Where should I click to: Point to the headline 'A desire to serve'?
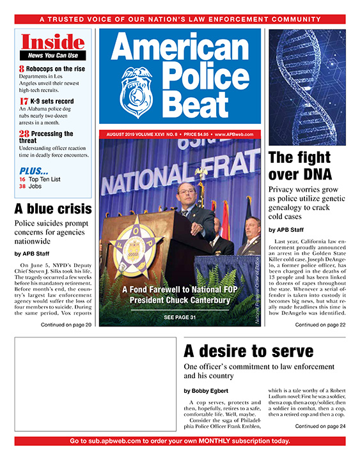[x=248, y=351]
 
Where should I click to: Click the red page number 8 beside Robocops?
[x=22, y=68]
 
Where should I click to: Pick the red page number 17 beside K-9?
[x=24, y=101]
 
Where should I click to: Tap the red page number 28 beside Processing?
[x=24, y=134]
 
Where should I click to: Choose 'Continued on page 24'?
[x=320, y=426]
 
